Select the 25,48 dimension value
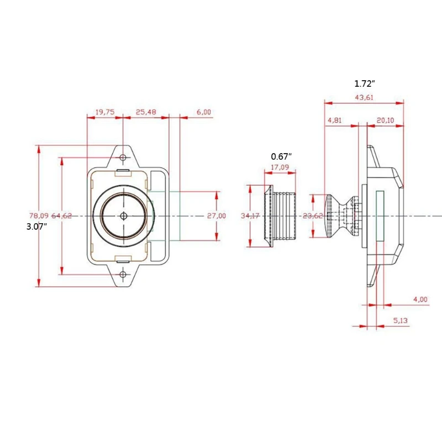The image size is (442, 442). coord(145,112)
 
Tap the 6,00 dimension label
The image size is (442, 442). coord(203,112)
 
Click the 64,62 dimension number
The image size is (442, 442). coord(62,215)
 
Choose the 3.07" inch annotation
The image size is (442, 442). coord(36,227)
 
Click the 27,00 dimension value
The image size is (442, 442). coord(217,215)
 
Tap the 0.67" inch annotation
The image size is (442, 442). coord(281,156)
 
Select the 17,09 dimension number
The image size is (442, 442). coord(280,167)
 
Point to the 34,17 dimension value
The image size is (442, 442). coord(250,215)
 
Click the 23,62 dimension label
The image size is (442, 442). coord(313,215)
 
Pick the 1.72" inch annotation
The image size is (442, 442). coord(365,84)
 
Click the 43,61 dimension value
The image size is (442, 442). coord(364,97)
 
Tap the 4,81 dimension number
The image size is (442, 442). coord(335,120)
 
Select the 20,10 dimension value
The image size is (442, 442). coord(385,120)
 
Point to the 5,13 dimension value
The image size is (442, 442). coord(402,320)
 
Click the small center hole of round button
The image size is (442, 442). coord(123,215)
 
